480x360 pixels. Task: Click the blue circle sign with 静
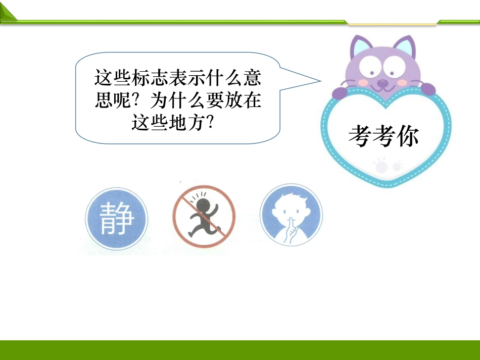[x=117, y=219]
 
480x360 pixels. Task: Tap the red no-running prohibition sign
[x=204, y=216]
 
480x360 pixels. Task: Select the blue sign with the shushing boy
[x=291, y=215]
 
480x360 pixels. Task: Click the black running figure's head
[x=202, y=205]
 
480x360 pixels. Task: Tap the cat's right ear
[x=406, y=46]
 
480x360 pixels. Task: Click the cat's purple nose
[x=382, y=83]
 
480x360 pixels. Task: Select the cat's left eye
[x=370, y=66]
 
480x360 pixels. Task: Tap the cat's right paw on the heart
[x=427, y=89]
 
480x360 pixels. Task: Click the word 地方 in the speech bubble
[x=187, y=122]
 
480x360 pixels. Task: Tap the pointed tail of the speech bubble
[x=320, y=81]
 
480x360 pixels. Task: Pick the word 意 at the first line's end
[x=252, y=77]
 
